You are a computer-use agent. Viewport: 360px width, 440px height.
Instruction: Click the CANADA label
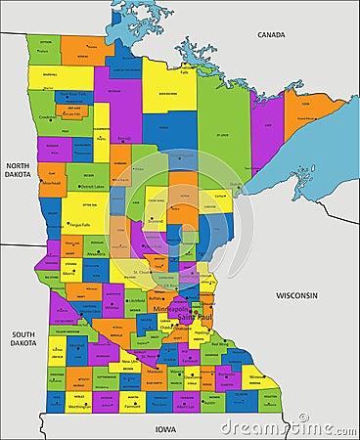coord(271,34)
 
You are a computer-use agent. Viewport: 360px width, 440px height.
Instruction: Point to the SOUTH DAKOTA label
coord(23,338)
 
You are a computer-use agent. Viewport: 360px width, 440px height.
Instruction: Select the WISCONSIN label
coord(296,294)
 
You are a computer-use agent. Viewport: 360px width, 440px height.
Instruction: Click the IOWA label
coord(165,428)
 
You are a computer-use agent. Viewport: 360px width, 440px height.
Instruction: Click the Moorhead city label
coord(51,182)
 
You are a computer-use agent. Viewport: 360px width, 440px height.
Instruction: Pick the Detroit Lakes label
coord(92,186)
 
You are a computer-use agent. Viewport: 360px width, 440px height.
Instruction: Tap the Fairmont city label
coord(133,406)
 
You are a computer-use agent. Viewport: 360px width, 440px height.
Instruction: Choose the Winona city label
coord(256,376)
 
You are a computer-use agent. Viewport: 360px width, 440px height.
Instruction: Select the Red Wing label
coord(220,344)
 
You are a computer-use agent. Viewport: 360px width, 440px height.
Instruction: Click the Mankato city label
coord(155,372)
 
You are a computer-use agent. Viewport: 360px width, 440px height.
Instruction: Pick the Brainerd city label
coord(155,221)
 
